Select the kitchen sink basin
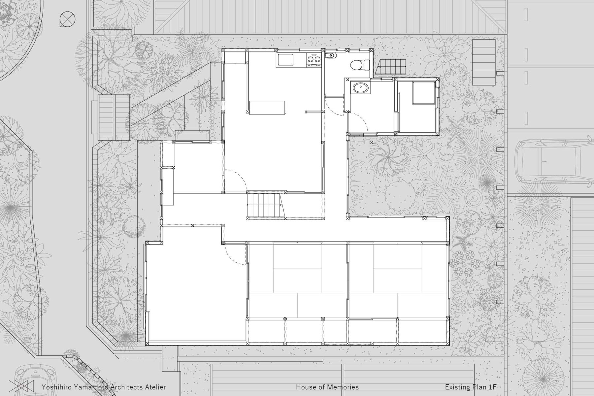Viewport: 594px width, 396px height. point(285,60)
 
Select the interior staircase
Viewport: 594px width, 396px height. point(265,205)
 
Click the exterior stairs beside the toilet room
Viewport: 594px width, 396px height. point(392,67)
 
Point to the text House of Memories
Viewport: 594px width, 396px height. point(327,387)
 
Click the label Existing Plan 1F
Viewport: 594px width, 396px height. point(471,387)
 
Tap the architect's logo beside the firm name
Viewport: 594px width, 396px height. point(21,386)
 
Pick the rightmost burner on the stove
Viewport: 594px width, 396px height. point(318,59)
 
